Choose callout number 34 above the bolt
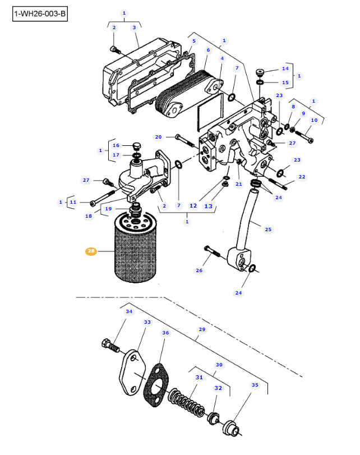click(129, 311)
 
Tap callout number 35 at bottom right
click(255, 385)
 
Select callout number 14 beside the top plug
click(285, 68)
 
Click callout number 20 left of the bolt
click(158, 137)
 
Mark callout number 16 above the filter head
click(116, 145)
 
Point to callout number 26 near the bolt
click(199, 270)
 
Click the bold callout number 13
click(208, 206)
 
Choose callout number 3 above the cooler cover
click(134, 27)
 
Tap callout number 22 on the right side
click(302, 177)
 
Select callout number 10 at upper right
click(314, 120)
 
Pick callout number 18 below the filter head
click(89, 216)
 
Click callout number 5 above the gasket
click(194, 41)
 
